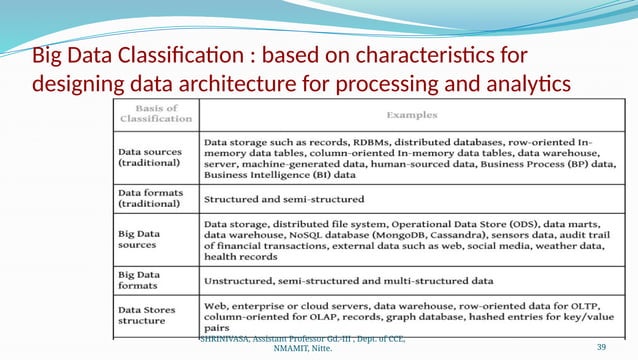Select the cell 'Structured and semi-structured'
pos(284,200)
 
